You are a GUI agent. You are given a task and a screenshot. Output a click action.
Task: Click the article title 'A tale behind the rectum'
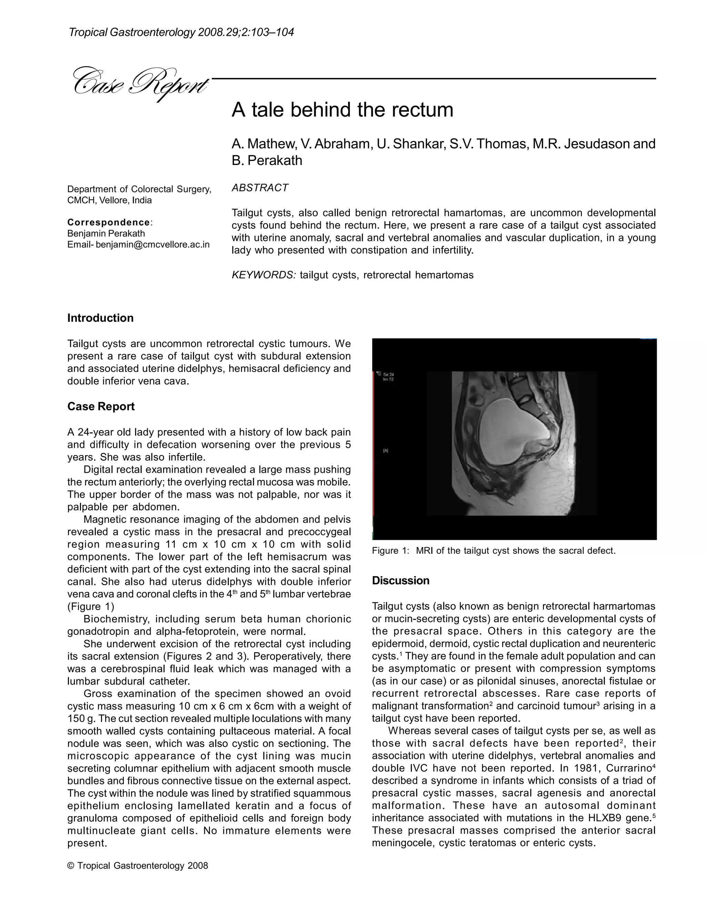tap(342, 110)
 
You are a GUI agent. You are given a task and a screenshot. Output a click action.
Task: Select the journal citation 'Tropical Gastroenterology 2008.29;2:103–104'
tap(181, 32)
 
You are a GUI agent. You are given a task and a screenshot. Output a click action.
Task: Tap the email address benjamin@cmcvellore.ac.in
tap(152, 245)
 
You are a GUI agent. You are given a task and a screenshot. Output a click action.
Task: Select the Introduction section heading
tap(100, 318)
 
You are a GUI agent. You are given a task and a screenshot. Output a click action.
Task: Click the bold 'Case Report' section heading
tap(101, 407)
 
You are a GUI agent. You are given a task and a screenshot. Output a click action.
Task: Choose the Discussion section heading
tap(400, 581)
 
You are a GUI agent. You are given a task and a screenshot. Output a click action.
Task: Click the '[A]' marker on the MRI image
tap(386, 451)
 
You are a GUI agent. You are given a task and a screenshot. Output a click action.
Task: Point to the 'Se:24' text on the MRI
tap(388, 375)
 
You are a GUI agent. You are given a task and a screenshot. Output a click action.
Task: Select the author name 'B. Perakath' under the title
tap(267, 161)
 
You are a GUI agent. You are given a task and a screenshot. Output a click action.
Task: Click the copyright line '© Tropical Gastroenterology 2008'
tap(138, 866)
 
